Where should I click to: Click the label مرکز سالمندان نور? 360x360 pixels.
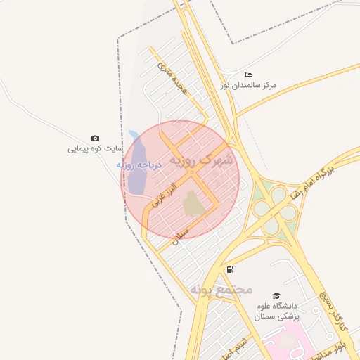[248, 85]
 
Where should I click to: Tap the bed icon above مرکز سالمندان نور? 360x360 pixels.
[248, 75]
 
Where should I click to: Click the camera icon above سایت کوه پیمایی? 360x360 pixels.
[95, 139]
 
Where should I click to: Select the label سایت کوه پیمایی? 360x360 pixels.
[96, 149]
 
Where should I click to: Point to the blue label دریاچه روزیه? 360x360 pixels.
[139, 166]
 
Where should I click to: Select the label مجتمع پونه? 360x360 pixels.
[220, 289]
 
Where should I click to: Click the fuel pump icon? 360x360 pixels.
[230, 270]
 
